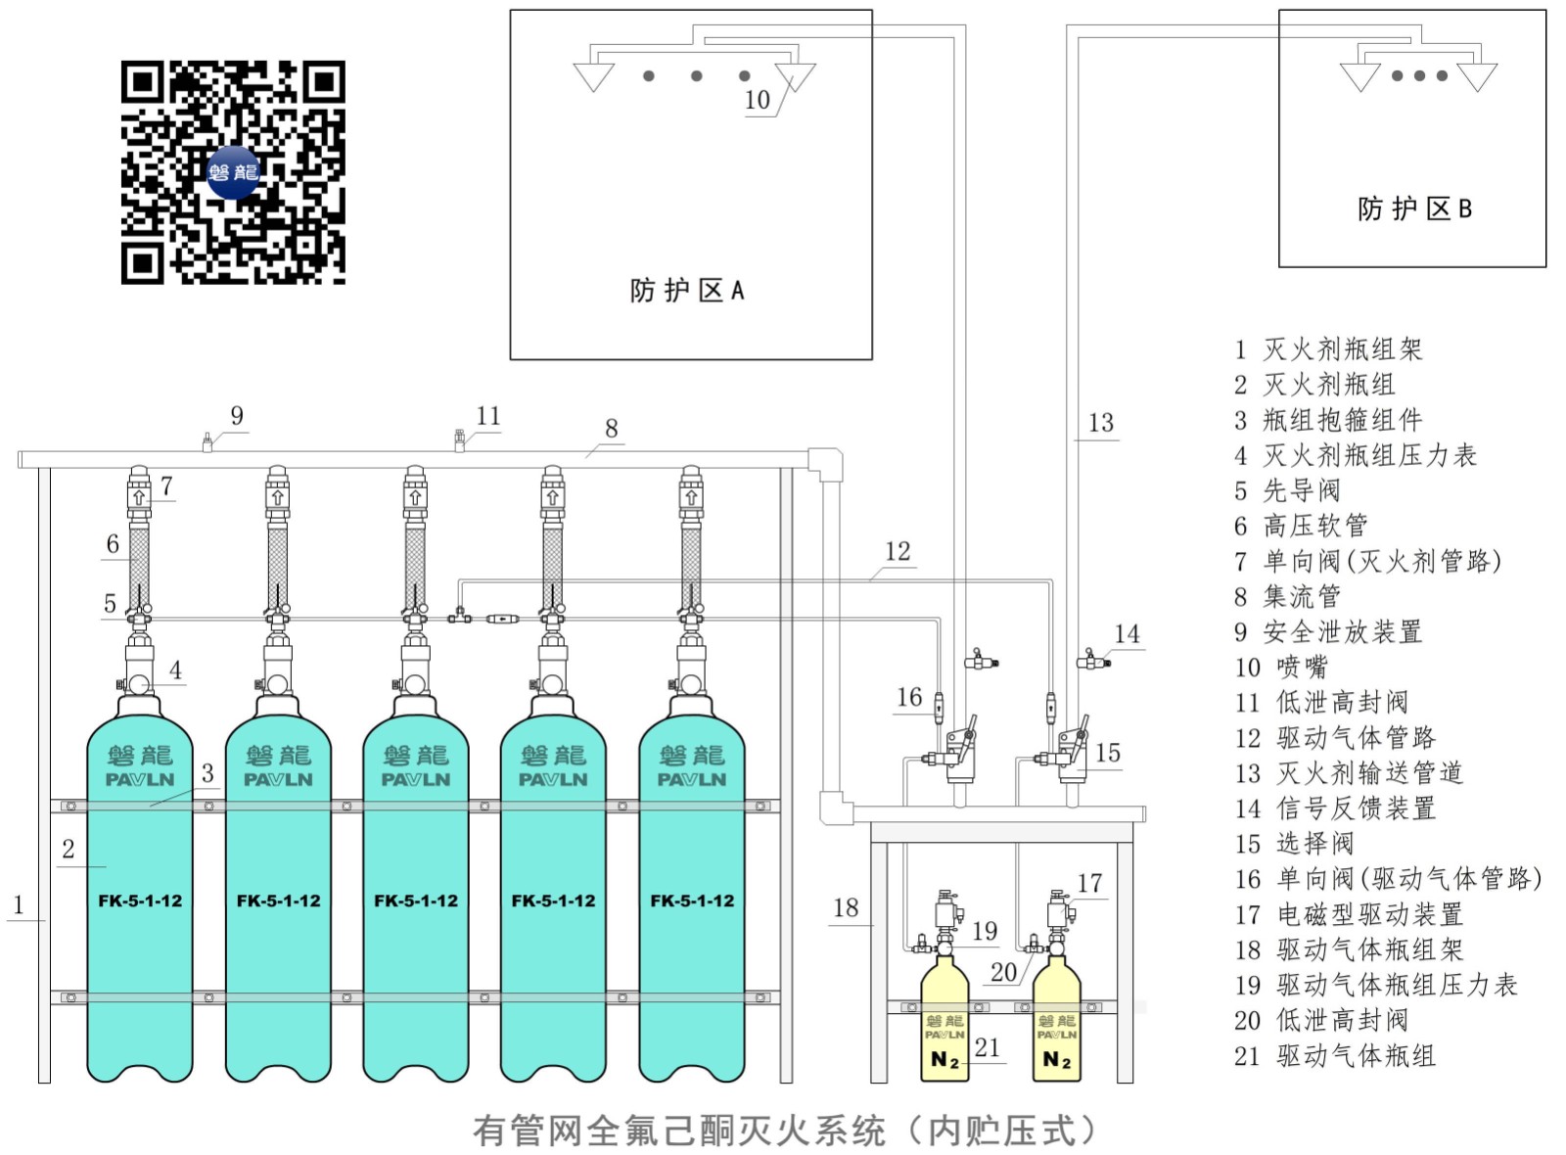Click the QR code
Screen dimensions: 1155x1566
(233, 172)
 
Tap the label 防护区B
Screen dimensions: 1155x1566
(1413, 208)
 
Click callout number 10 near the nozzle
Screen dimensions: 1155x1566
(757, 100)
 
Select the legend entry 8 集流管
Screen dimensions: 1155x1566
(1287, 596)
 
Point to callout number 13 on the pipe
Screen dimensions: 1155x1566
(1100, 423)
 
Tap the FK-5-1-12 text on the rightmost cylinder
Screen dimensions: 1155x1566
(692, 901)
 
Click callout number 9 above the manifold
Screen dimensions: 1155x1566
(237, 416)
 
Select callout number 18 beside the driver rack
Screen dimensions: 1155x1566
(846, 907)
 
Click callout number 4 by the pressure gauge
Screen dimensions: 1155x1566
(175, 670)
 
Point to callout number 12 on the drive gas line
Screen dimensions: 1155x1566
(898, 551)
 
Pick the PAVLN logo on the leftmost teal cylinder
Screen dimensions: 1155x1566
(140, 779)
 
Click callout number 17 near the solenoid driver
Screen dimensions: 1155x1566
(1089, 883)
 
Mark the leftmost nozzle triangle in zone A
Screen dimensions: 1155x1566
(593, 75)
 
